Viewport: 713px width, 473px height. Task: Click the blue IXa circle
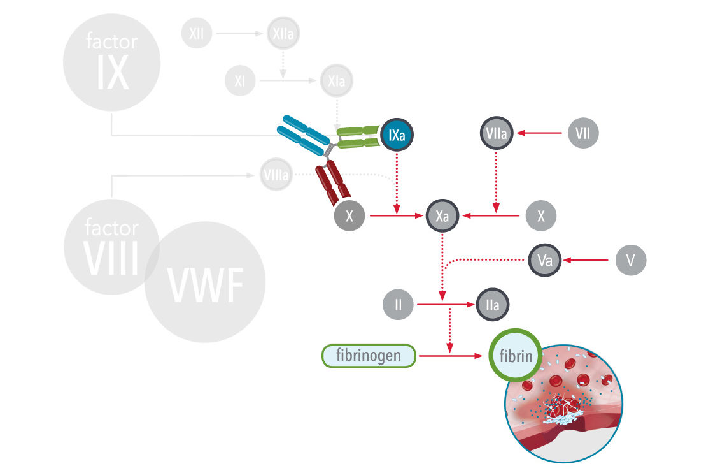(x=397, y=135)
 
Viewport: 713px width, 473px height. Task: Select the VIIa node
(x=496, y=133)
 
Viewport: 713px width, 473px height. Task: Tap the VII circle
(x=583, y=133)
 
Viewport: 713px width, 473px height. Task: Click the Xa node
(x=442, y=215)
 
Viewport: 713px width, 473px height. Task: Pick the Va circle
(x=544, y=260)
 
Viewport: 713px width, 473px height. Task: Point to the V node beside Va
(x=631, y=260)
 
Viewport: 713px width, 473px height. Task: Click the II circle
(x=398, y=304)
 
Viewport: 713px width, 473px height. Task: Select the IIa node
(x=492, y=305)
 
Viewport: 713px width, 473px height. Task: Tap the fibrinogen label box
(x=369, y=356)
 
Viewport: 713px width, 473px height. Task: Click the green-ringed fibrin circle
(x=516, y=356)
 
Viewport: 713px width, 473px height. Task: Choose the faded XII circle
(x=197, y=33)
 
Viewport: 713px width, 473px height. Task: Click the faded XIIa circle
(x=283, y=33)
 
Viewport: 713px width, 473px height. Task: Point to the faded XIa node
(x=337, y=80)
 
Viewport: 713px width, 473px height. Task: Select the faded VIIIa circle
(x=276, y=175)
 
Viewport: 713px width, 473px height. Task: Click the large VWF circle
(x=205, y=282)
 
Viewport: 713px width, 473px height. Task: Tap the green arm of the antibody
(x=358, y=137)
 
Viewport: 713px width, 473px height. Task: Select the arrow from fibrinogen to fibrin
(x=450, y=356)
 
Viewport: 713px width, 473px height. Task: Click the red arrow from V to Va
(x=586, y=260)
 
